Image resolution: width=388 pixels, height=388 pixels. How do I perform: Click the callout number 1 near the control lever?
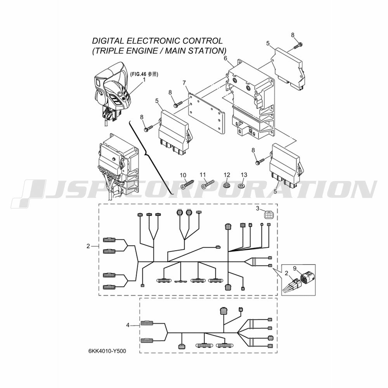(x=144, y=80)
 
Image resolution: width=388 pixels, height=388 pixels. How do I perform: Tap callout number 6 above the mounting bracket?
(x=225, y=59)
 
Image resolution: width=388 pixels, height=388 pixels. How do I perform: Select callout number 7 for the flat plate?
(x=184, y=83)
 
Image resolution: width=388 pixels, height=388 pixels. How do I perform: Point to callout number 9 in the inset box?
(x=294, y=268)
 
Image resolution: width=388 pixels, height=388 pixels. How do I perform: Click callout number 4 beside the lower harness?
(x=128, y=325)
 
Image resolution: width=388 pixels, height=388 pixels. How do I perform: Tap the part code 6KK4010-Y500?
(x=107, y=351)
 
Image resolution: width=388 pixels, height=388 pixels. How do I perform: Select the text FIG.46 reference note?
(x=144, y=74)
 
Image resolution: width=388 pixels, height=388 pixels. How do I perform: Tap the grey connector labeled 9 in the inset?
(x=306, y=278)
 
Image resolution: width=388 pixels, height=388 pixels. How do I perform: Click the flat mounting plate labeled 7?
(x=207, y=113)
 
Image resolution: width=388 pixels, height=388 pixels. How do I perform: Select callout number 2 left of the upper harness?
(x=88, y=246)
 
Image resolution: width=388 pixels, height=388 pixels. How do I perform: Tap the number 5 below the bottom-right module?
(x=275, y=191)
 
